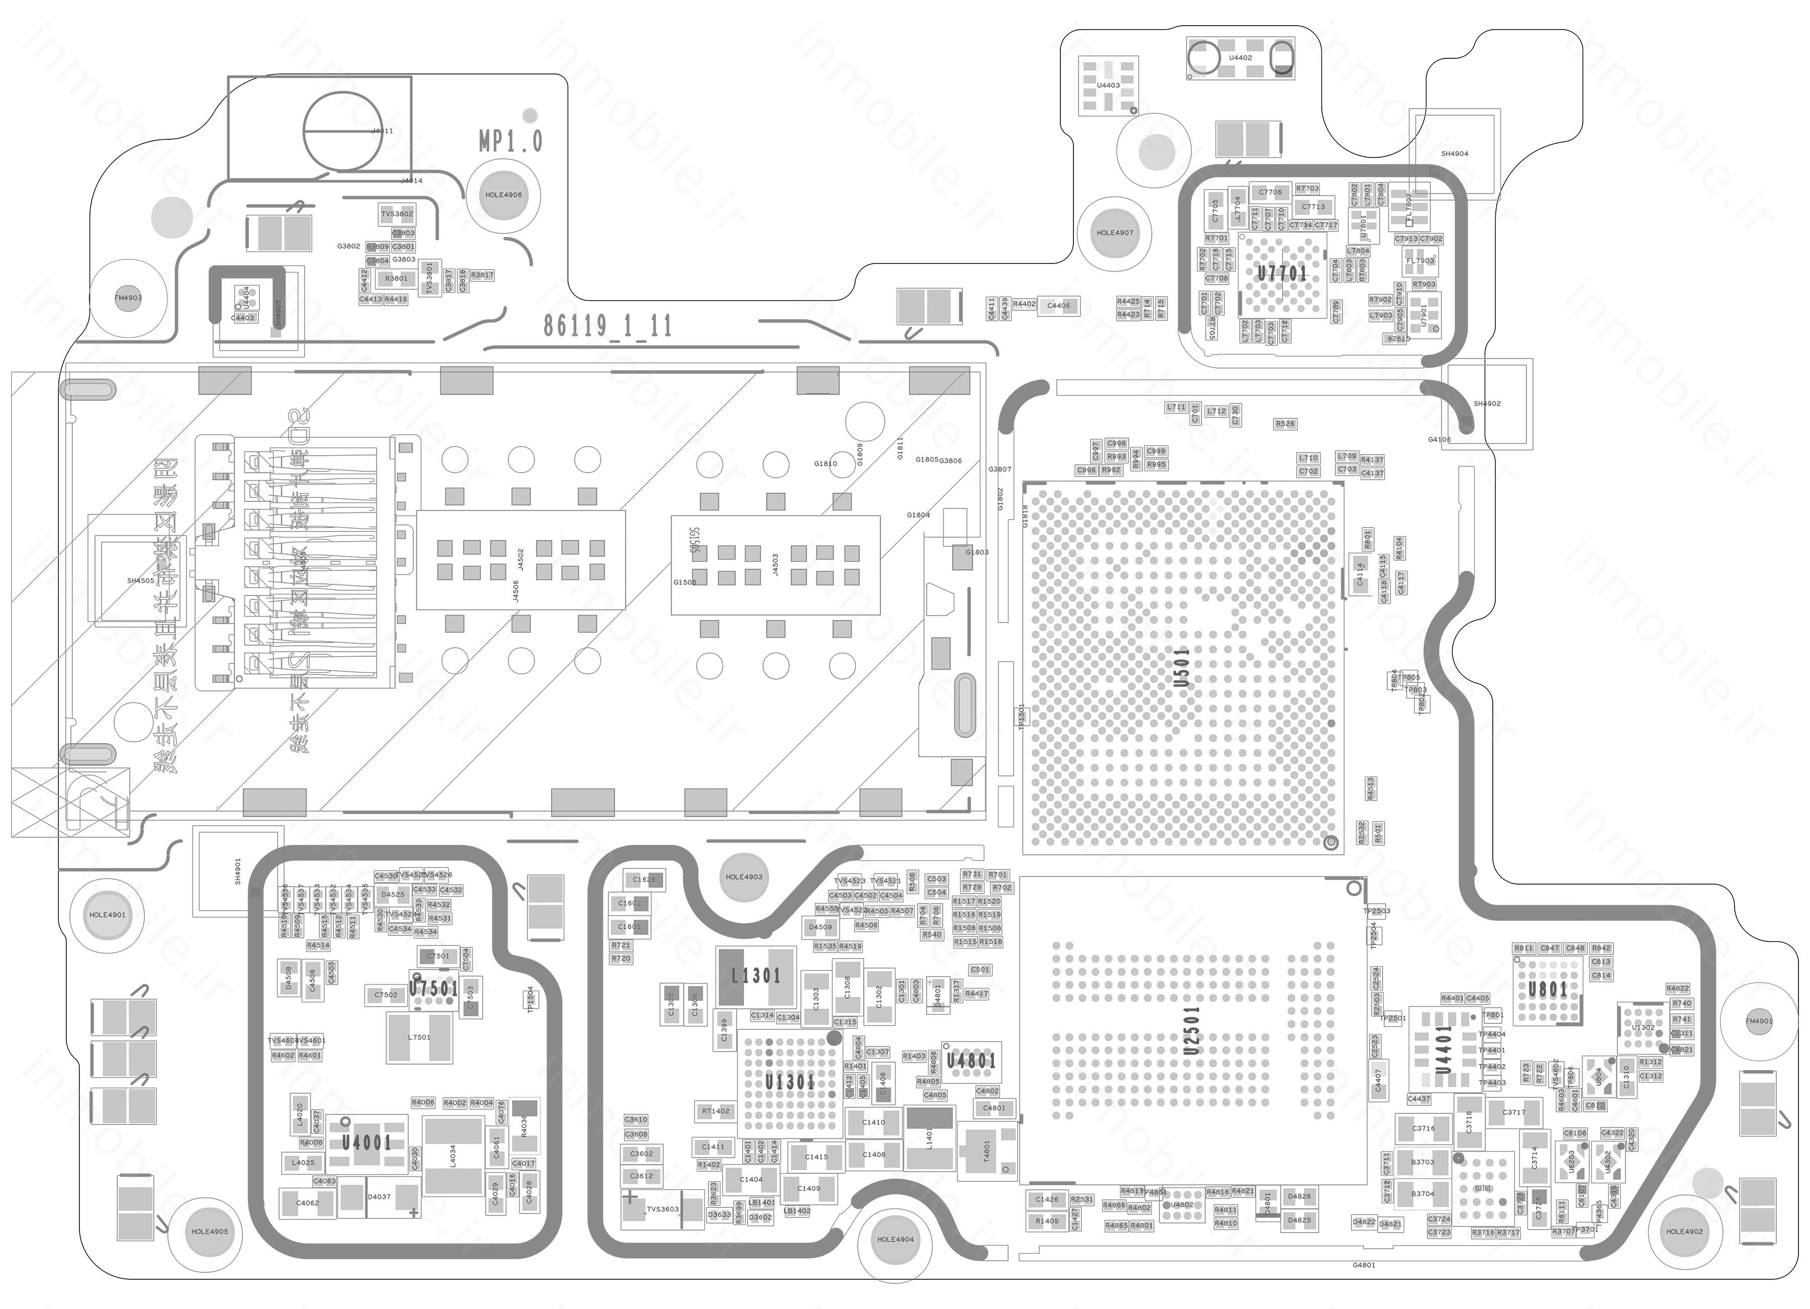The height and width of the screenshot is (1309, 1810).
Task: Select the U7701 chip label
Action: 1282,274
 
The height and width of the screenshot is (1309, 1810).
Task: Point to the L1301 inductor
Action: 756,976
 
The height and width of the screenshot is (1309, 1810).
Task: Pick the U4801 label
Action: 970,1061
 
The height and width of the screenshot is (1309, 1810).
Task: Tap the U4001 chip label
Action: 367,1142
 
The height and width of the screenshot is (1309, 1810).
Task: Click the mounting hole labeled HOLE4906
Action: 504,195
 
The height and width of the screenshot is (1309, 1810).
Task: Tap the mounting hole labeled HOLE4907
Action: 1115,233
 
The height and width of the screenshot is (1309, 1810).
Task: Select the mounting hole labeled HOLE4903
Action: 744,877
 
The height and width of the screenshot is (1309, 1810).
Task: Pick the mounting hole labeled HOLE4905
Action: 210,1232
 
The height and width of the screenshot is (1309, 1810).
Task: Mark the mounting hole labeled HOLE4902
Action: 1684,1232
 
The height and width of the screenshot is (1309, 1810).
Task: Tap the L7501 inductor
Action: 419,1037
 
